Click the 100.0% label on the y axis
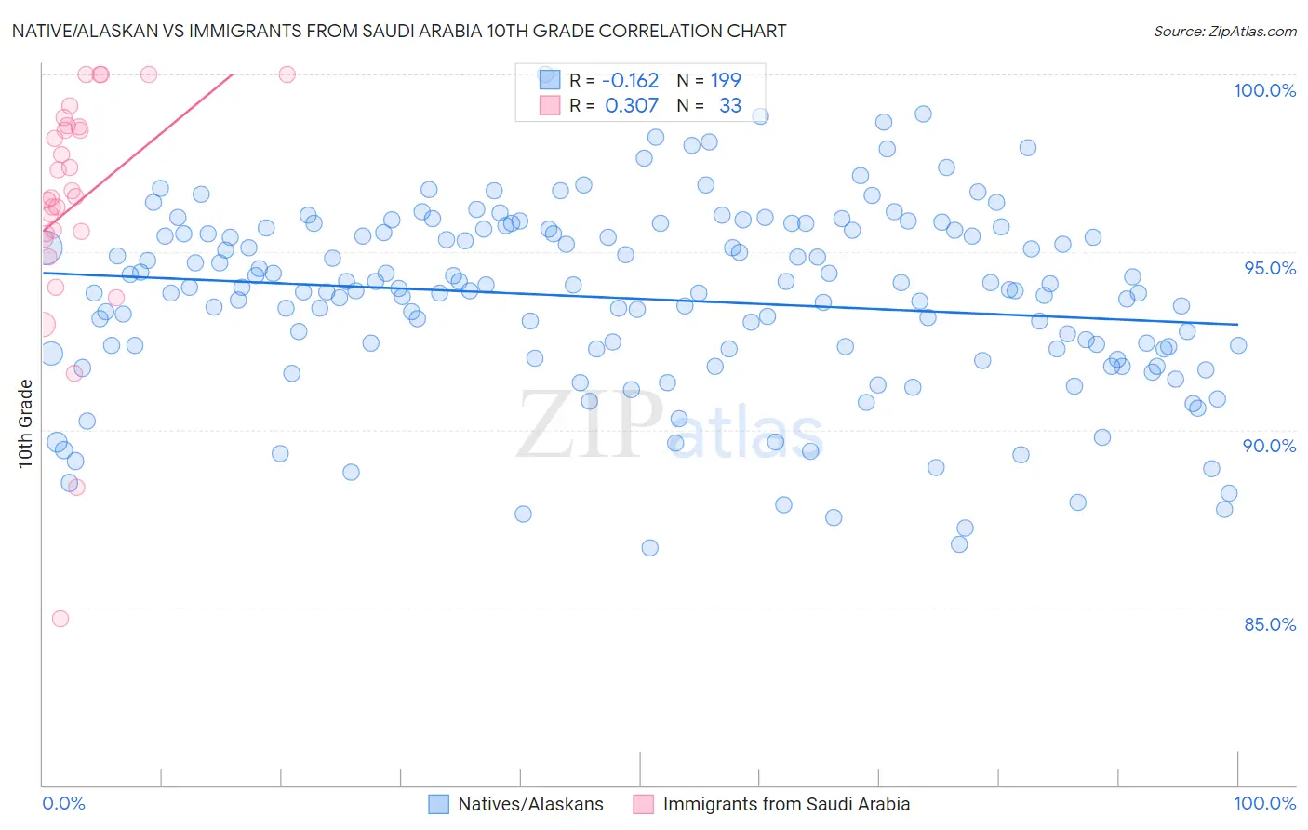click(x=1264, y=90)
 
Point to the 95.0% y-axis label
click(x=1270, y=268)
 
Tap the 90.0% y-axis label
click(x=1269, y=446)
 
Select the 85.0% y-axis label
click(x=1270, y=624)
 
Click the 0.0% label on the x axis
click(x=63, y=803)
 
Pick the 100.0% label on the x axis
click(x=1264, y=803)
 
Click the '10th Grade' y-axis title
click(x=25, y=423)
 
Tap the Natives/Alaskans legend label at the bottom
click(x=530, y=804)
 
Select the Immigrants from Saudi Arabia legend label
click(x=786, y=804)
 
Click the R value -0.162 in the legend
click(x=630, y=80)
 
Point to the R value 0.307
click(x=632, y=105)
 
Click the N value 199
click(x=726, y=80)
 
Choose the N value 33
click(x=730, y=105)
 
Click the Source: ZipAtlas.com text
click(x=1224, y=31)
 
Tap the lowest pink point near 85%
click(x=60, y=619)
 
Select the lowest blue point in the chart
click(x=650, y=548)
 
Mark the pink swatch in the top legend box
click(x=550, y=105)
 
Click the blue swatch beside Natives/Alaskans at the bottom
click(x=438, y=804)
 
